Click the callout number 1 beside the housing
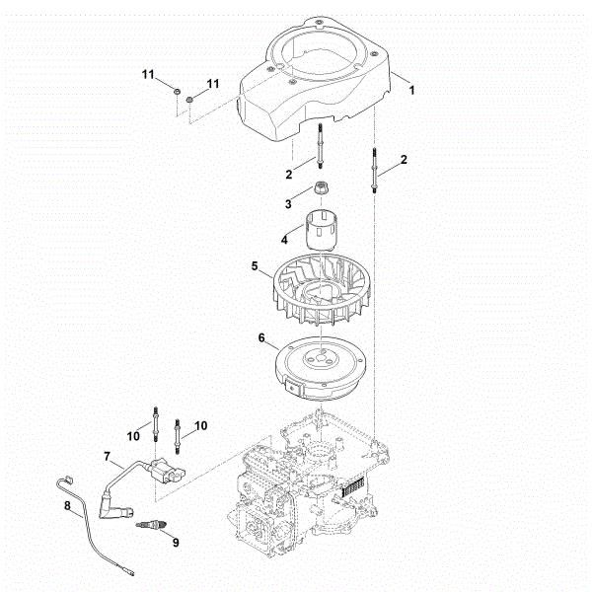(x=411, y=90)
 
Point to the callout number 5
(x=255, y=265)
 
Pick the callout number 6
(x=261, y=337)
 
